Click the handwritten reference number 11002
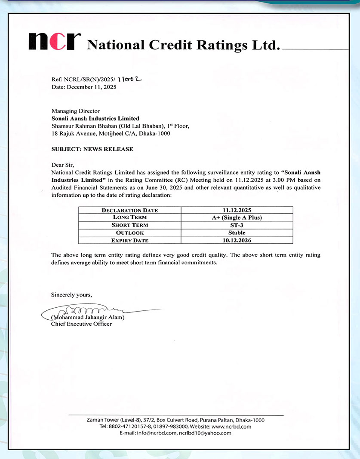[x=129, y=79]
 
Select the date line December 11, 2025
[x=84, y=87]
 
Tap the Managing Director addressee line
[x=75, y=111]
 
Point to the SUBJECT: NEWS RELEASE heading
[x=92, y=149]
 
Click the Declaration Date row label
[x=129, y=210]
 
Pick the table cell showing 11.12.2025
[x=237, y=210]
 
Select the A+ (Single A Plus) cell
[x=237, y=217]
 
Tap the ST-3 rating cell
[x=237, y=225]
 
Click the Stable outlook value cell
[x=237, y=233]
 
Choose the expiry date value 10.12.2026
[x=237, y=240]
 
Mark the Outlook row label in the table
[x=129, y=233]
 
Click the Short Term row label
[x=129, y=225]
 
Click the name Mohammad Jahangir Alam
[x=88, y=318]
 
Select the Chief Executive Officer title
[x=81, y=324]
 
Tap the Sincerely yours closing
[x=71, y=294]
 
